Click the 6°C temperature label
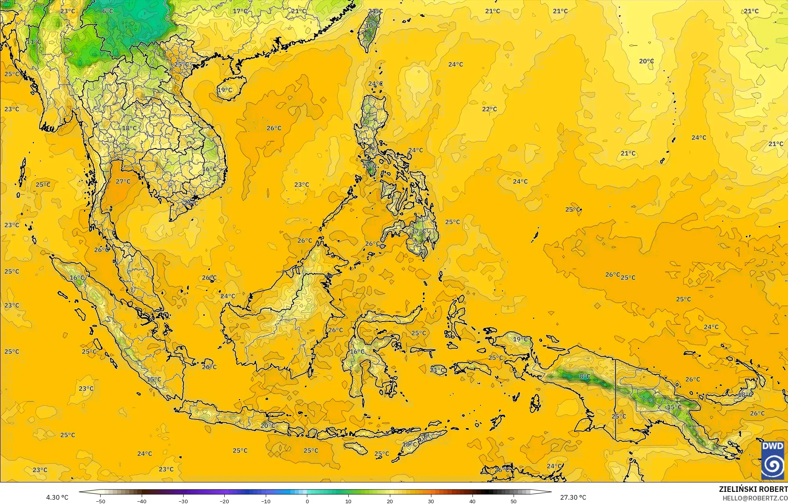[108, 11]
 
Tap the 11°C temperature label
[34, 42]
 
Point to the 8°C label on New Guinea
[584, 376]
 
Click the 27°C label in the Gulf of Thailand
[123, 181]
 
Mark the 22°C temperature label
[489, 109]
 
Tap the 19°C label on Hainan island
[225, 90]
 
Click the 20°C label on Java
[267, 426]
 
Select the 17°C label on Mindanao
[418, 231]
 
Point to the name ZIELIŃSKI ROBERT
[753, 489]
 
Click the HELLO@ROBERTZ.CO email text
[755, 498]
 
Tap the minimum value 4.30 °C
[57, 497]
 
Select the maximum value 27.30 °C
[573, 497]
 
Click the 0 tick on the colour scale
[307, 501]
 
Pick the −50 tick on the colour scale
[101, 501]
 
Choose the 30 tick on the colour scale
[431, 501]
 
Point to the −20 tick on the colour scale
[224, 501]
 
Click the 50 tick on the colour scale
[514, 501]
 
